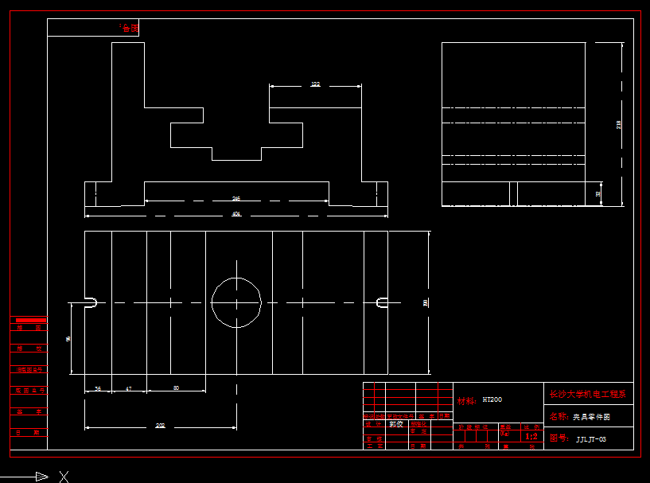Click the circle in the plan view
click(236, 302)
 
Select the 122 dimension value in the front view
click(315, 84)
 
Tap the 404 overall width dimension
click(236, 214)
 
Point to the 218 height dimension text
click(619, 124)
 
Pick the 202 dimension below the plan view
click(160, 427)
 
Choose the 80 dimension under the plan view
click(176, 388)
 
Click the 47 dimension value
click(129, 388)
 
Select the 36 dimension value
click(98, 388)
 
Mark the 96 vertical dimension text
click(68, 338)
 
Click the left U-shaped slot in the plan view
click(90, 302)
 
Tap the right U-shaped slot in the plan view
click(382, 302)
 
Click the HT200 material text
click(492, 399)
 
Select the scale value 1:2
click(531, 436)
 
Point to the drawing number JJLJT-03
click(591, 439)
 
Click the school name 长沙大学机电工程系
click(588, 393)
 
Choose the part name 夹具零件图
click(590, 416)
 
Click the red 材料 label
click(467, 400)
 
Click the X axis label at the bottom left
click(64, 477)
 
